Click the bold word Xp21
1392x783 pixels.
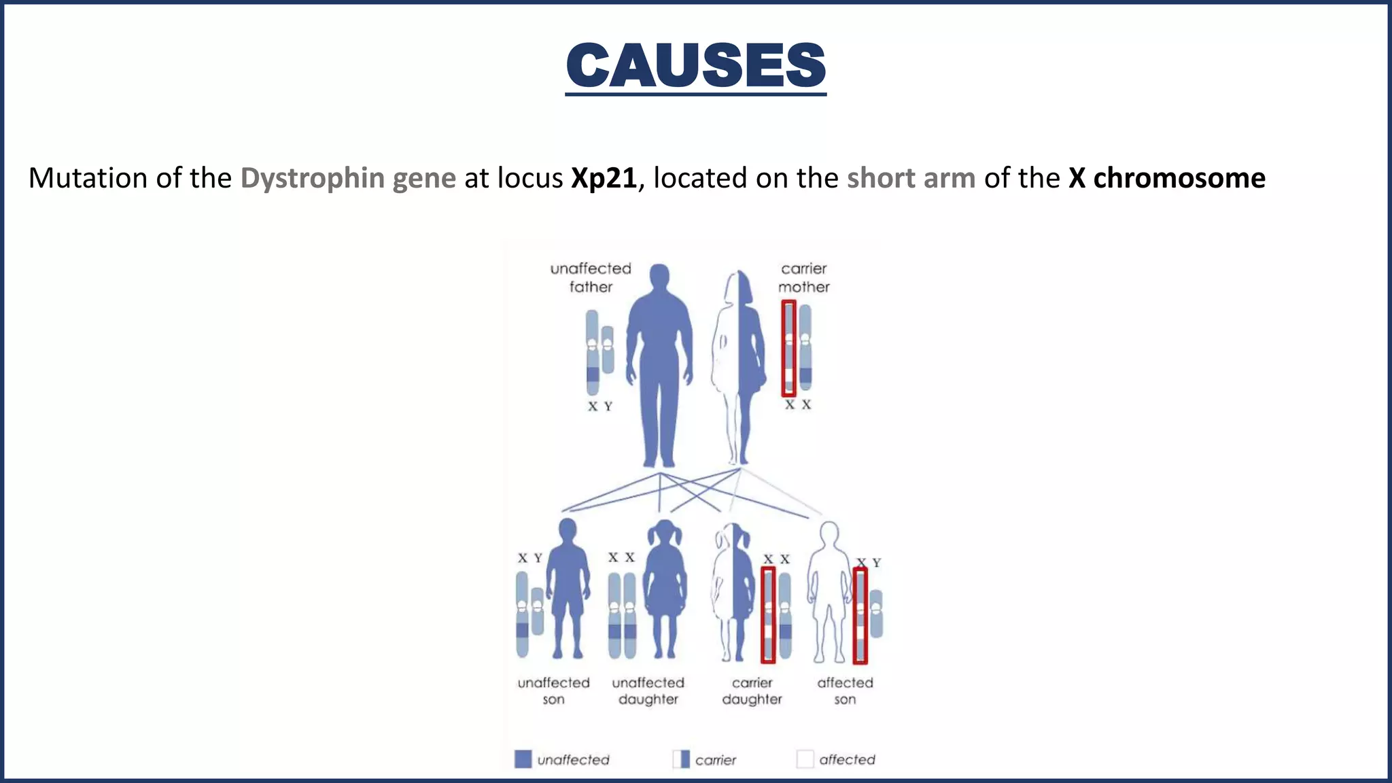[x=604, y=178]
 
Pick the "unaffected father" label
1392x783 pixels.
[x=591, y=277]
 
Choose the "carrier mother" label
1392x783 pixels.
[x=803, y=277]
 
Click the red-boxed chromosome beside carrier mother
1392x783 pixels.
[x=788, y=348]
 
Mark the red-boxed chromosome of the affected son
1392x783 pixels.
[x=860, y=615]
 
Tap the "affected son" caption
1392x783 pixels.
[x=845, y=691]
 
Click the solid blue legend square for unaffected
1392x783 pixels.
[x=523, y=759]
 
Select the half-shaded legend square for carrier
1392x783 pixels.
[x=681, y=759]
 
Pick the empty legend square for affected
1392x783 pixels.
[x=805, y=759]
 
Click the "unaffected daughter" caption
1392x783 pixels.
[x=648, y=691]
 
